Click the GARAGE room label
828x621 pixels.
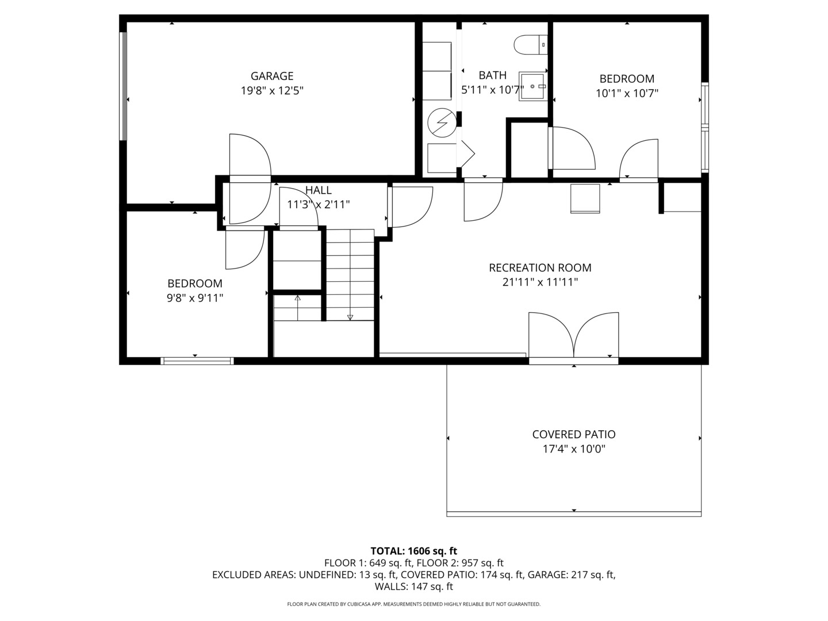coord(271,76)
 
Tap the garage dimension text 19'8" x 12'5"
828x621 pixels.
coord(271,90)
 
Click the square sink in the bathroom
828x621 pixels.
coord(532,86)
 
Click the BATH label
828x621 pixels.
coord(492,75)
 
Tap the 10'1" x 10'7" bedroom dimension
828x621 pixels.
coord(627,93)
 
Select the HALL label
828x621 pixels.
coord(318,190)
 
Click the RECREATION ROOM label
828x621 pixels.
coord(540,267)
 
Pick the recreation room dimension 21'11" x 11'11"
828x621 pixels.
coord(540,282)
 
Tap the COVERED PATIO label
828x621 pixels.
coord(573,435)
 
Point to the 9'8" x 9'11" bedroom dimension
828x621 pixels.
coord(195,298)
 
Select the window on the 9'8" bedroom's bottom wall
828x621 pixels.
coord(197,361)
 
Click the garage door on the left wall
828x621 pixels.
coord(122,86)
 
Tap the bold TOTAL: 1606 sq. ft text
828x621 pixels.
coord(413,551)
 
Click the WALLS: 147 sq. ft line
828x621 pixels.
coord(413,586)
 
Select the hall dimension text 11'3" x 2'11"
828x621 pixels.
coord(318,204)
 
